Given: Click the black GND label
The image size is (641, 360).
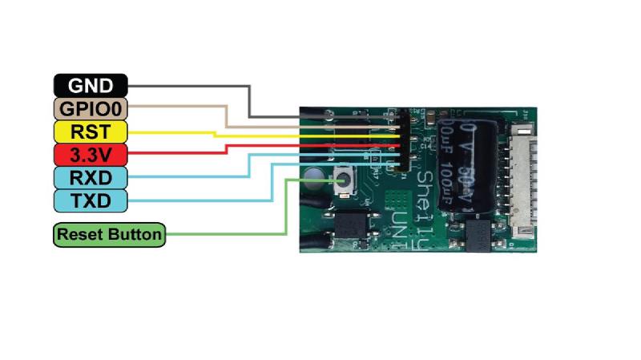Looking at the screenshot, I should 91,85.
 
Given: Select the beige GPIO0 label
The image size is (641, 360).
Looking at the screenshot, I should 91,107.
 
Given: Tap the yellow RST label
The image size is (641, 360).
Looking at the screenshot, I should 91,131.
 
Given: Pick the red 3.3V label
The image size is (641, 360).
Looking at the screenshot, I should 91,153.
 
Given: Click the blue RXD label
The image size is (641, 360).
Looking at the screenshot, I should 91,176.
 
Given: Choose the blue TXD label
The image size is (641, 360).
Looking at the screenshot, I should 91,200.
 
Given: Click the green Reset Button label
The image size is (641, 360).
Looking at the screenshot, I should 110,235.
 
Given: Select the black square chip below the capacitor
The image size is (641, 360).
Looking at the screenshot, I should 480,234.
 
